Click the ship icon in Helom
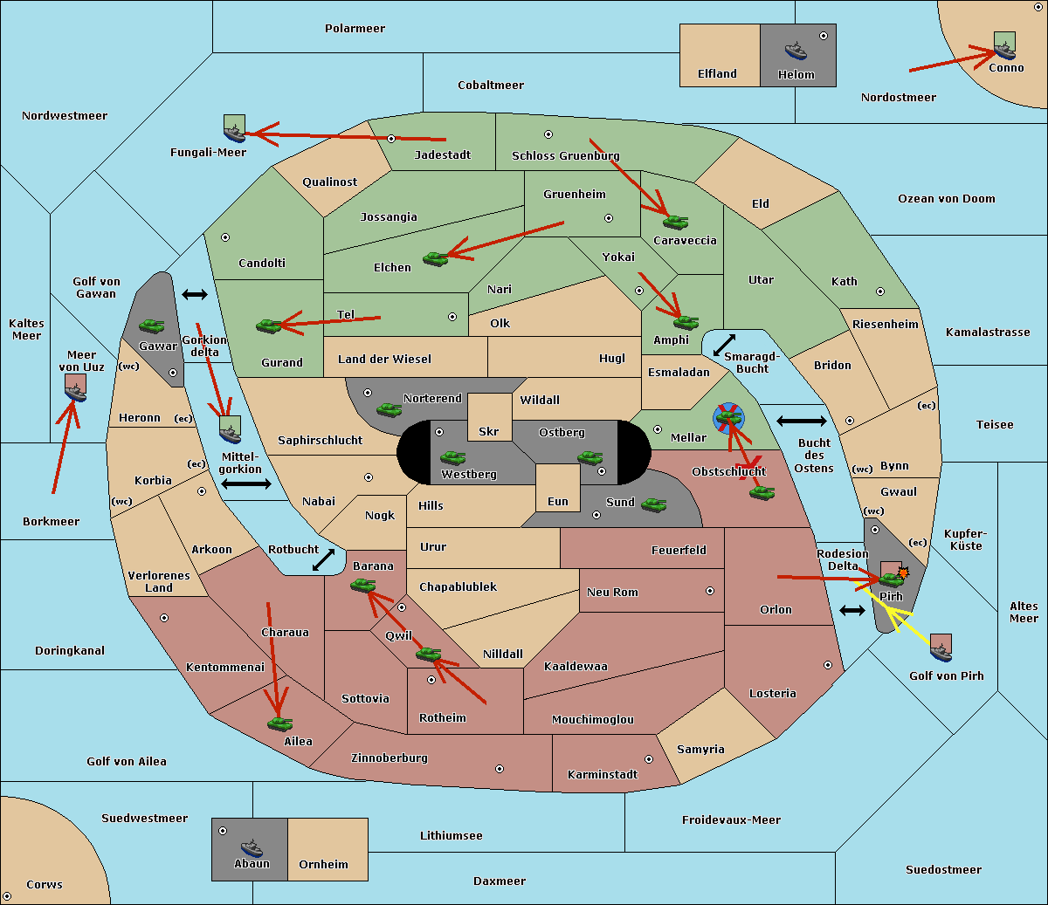point(796,51)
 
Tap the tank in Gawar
point(152,326)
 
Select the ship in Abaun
point(252,847)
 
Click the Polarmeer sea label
point(355,29)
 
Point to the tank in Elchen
point(436,259)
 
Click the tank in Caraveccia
point(675,222)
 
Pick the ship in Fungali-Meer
point(234,133)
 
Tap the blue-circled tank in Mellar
point(728,418)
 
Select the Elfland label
point(717,74)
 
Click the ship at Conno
point(1004,50)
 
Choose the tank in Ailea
point(279,723)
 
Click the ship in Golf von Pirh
point(941,652)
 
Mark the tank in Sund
point(653,504)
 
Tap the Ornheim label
point(323,864)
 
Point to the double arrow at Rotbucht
point(323,559)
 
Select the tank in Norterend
point(389,410)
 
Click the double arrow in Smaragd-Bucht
point(724,345)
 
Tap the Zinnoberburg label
point(390,758)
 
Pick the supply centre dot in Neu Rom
point(710,591)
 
